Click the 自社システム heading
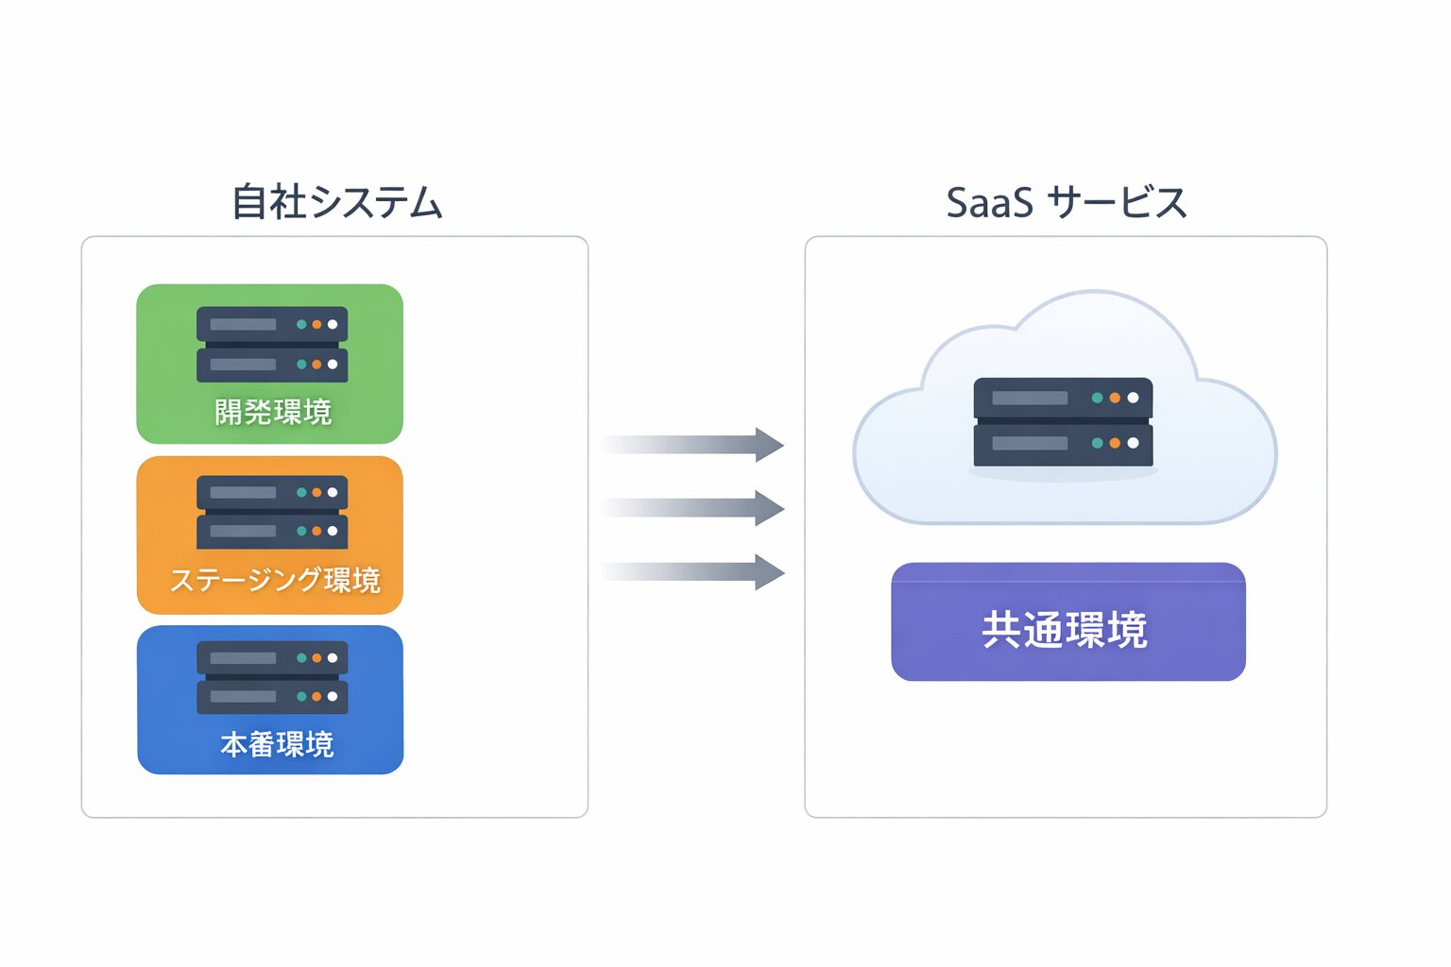coord(337,202)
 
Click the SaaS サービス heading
coord(1066,202)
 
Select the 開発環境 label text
coord(273,412)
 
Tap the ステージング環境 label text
coord(275,579)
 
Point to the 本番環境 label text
coord(277,744)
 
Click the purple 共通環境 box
coord(1067,622)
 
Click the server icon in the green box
coord(272,344)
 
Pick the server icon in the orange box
coord(272,512)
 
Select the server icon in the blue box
coord(272,677)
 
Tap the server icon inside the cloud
coord(1063,421)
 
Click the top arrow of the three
coord(695,444)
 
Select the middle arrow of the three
coord(695,508)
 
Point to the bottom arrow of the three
coord(695,571)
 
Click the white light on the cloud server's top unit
coord(1133,398)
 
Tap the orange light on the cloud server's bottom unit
coord(1115,443)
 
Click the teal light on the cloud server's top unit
coord(1097,398)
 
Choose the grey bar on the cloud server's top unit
coord(1030,398)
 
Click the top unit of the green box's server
coord(272,324)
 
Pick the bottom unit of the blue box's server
coord(272,697)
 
